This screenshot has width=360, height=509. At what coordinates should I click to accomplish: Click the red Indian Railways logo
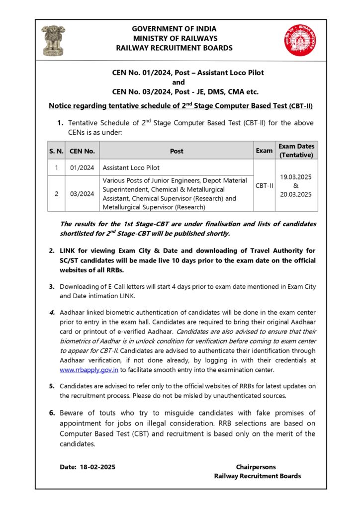[x=297, y=40]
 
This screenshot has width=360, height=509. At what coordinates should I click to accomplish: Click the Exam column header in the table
[x=264, y=151]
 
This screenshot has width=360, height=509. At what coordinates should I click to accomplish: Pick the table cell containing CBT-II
[x=264, y=185]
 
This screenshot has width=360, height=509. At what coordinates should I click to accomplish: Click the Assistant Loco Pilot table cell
[x=131, y=168]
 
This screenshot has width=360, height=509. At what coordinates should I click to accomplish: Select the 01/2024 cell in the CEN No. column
[x=82, y=168]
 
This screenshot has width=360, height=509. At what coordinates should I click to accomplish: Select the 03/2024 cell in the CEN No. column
[x=82, y=194]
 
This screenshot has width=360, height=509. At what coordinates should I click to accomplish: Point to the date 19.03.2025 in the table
[x=296, y=176]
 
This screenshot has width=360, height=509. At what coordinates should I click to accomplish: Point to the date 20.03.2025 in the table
[x=296, y=194]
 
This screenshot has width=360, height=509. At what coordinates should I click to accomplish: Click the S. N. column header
[x=56, y=151]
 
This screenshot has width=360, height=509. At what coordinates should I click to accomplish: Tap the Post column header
[x=177, y=151]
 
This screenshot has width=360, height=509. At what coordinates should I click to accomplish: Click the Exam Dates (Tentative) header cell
[x=296, y=151]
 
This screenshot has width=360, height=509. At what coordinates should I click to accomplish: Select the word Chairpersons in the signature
[x=256, y=467]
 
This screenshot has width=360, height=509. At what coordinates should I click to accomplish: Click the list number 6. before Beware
[x=52, y=413]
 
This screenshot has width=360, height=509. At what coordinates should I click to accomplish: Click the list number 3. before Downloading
[x=52, y=287]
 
